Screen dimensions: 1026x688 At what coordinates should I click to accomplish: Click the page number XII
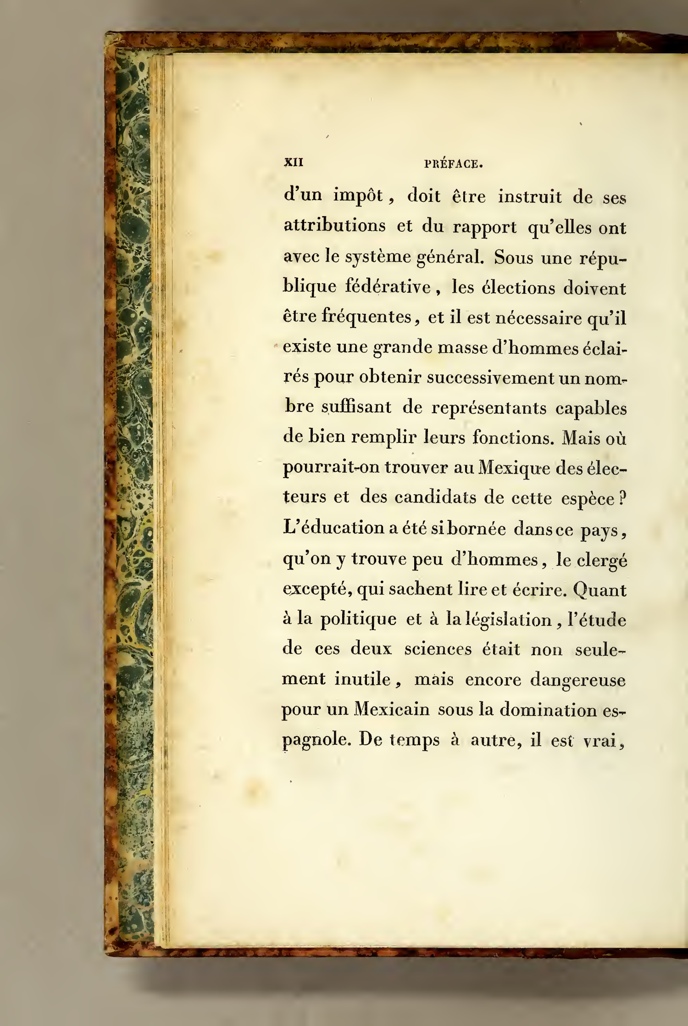294,162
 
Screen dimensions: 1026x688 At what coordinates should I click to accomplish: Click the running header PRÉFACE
453,164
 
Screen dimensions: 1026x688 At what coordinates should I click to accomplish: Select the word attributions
334,226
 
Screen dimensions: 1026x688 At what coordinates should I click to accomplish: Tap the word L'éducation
333,528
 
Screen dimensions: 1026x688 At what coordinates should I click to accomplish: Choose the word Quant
599,590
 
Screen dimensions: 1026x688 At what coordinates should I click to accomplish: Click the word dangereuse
578,680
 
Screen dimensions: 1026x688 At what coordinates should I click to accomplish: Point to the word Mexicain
392,709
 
